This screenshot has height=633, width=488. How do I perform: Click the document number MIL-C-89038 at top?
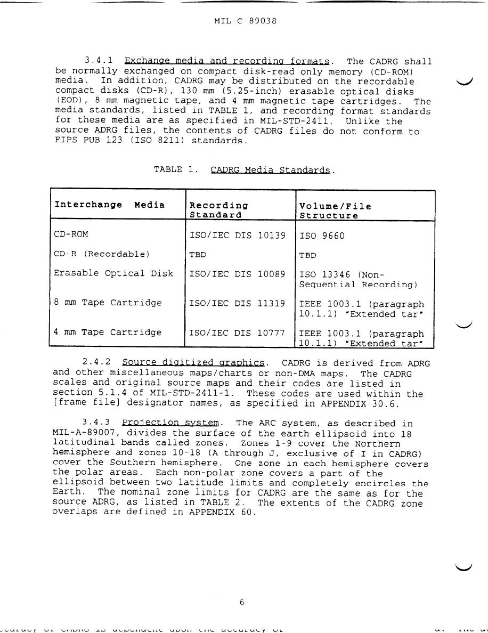(245, 21)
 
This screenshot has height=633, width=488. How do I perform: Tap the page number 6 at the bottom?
(242, 603)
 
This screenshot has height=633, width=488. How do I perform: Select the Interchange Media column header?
(109, 205)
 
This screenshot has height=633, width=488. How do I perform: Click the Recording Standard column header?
(219, 210)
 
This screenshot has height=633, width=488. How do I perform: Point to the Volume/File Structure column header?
(335, 210)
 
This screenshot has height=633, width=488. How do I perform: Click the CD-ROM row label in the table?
(71, 234)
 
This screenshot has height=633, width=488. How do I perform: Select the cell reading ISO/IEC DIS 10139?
(238, 234)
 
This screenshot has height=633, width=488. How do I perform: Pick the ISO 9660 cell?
(322, 236)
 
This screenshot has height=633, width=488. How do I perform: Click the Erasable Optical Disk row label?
(113, 273)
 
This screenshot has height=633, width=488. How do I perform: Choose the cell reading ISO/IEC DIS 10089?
(238, 274)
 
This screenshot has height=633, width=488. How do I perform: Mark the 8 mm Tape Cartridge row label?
(107, 303)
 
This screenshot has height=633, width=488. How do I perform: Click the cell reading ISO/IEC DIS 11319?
(238, 303)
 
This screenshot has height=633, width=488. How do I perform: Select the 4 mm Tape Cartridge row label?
(107, 332)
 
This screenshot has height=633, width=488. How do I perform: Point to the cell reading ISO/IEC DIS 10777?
(238, 333)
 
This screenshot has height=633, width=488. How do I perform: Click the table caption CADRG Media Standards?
(271, 170)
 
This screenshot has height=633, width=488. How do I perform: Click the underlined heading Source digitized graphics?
(193, 363)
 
